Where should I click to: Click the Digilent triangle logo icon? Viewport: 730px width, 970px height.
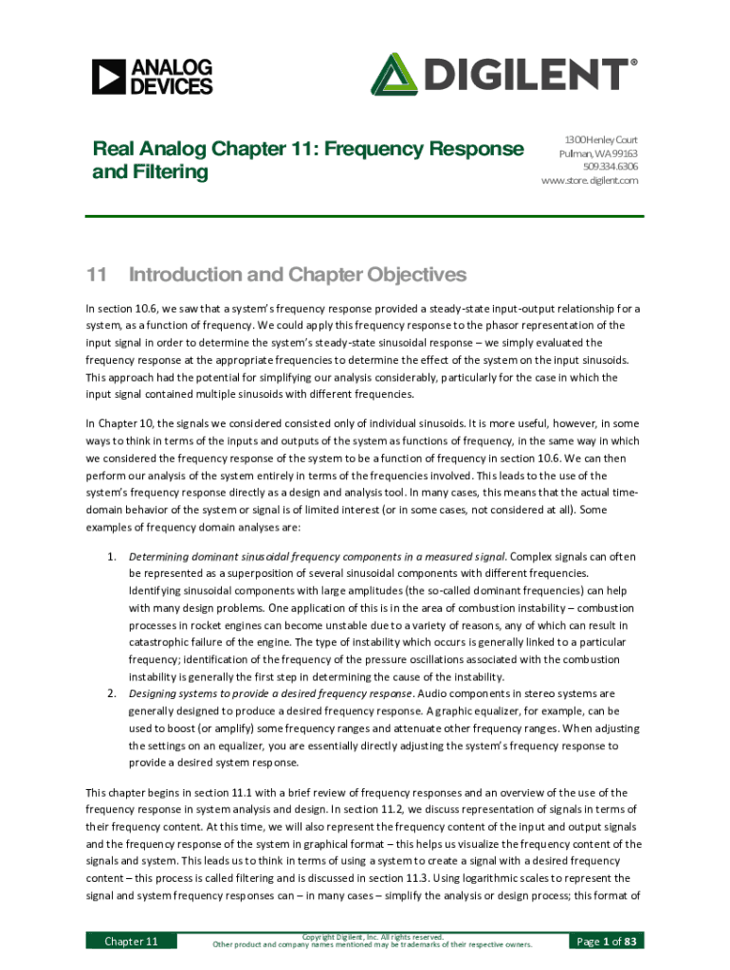[x=393, y=75]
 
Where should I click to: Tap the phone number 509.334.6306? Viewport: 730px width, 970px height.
[x=611, y=166]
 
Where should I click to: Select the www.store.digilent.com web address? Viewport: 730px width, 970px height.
[x=590, y=180]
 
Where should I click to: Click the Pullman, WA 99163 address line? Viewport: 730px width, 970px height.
[x=598, y=153]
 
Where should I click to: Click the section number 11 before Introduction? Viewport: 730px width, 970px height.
[x=95, y=275]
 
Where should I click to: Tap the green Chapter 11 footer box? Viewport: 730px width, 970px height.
[x=131, y=941]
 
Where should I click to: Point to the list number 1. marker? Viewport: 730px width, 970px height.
[x=111, y=556]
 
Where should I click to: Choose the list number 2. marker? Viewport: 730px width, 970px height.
[x=111, y=692]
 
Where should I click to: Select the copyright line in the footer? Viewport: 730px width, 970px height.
[x=372, y=936]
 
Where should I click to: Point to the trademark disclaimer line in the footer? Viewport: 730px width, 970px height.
[x=372, y=944]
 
